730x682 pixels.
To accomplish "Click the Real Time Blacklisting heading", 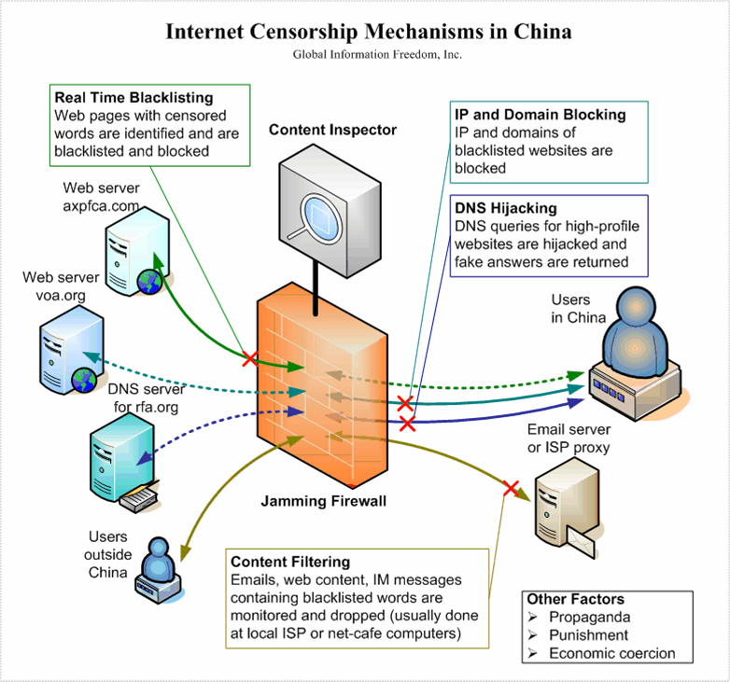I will (x=134, y=98).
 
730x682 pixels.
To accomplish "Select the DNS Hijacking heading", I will (x=505, y=209).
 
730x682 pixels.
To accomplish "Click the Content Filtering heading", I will (x=290, y=562).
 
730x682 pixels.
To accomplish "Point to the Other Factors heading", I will (x=575, y=599).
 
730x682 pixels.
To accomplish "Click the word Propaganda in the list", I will (x=590, y=617).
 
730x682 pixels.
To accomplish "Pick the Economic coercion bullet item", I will (x=611, y=652).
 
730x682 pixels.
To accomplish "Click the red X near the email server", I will (x=510, y=487).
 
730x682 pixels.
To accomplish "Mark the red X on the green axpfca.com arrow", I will (x=249, y=357).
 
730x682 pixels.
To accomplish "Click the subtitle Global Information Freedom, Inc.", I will (x=364, y=54).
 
